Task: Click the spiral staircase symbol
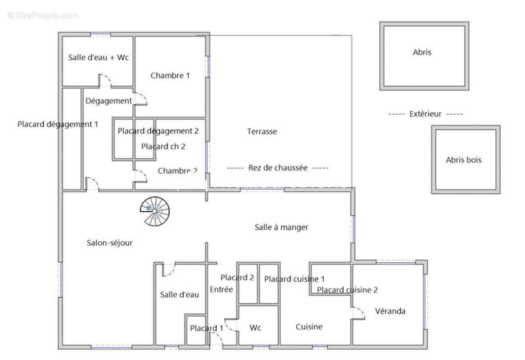coord(154,210)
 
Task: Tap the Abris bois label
coord(463,160)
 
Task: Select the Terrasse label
coord(262,132)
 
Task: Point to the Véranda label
coord(390,311)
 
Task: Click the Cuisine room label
coord(309,327)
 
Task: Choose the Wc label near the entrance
coord(255,328)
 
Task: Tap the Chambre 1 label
coord(170,76)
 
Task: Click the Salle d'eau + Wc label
coord(98,58)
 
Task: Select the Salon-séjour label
coord(109,243)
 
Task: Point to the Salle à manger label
coord(281,227)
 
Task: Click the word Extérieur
coord(425,114)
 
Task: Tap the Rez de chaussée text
coord(278,168)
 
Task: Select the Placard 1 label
coord(206,328)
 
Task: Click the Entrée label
coord(222,289)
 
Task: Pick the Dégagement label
coord(109,101)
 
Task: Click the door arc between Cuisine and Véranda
coord(358,313)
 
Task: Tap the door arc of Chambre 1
coord(141,99)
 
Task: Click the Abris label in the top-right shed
coord(422,52)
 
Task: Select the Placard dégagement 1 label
coord(58,124)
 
